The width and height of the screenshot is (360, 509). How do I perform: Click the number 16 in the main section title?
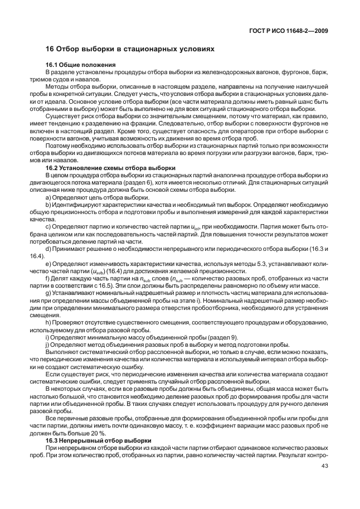tap(49, 49)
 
